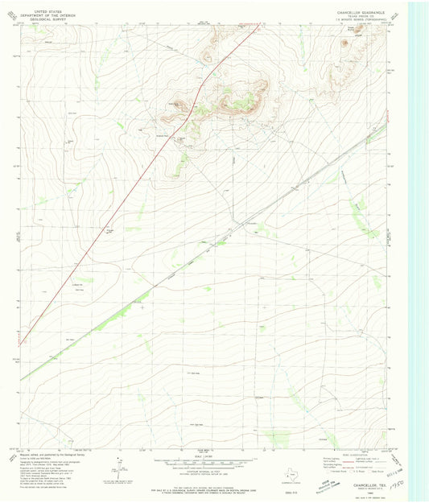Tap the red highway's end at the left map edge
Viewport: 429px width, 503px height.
(21, 342)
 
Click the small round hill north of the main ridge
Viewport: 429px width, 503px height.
(208, 56)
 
